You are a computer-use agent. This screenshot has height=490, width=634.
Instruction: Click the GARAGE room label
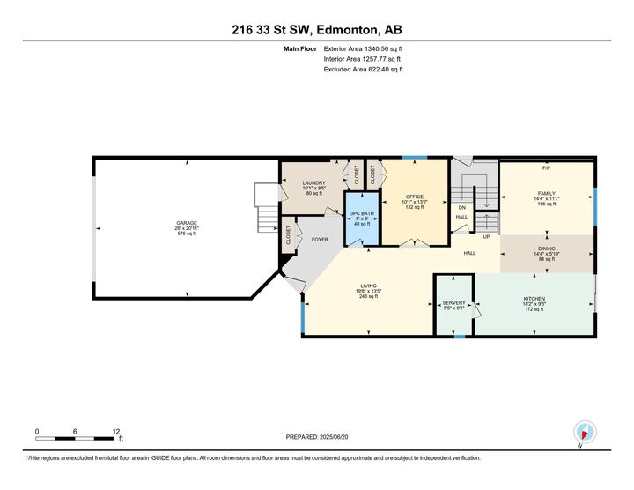pos(186,223)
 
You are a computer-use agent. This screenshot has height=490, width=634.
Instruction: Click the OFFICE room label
pos(414,197)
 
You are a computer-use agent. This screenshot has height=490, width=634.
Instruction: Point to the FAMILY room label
pos(547,193)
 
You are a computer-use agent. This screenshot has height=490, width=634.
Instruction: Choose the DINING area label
pos(547,249)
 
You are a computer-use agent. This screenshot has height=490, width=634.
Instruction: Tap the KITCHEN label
pos(534,299)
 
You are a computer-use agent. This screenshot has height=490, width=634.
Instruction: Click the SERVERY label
pos(453,303)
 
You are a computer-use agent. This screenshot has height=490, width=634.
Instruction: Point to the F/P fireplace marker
pos(546,167)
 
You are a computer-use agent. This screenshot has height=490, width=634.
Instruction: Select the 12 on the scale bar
pos(116,431)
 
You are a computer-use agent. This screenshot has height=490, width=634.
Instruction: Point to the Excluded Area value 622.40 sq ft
pos(377,68)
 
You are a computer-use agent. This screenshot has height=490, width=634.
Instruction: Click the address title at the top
pos(316,29)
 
